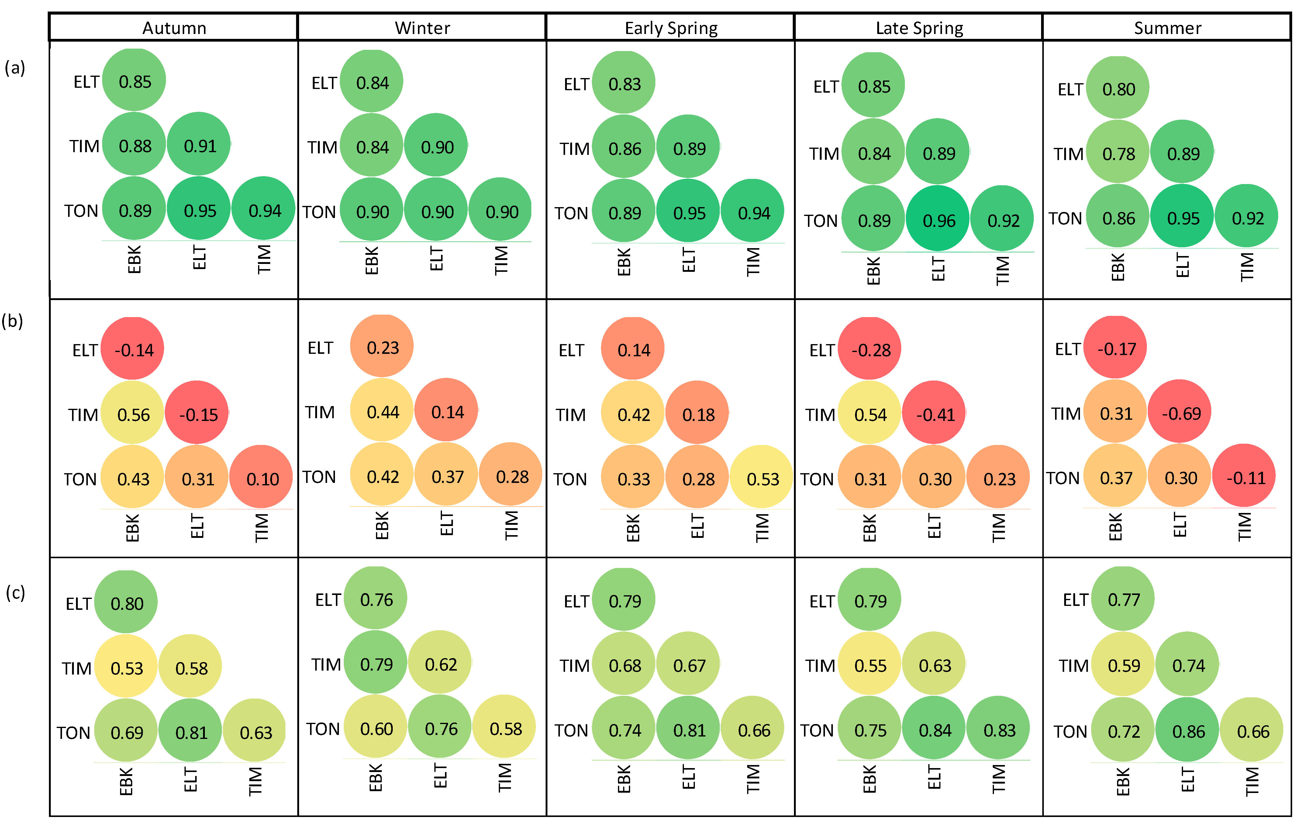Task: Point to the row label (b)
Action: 12,321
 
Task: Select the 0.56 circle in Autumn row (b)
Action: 133,414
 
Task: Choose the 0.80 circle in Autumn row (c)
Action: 126,602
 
